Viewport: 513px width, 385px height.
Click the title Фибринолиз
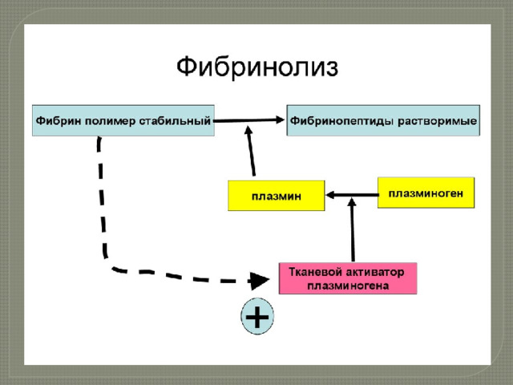[257, 67]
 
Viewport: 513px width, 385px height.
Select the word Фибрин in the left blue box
[59, 121]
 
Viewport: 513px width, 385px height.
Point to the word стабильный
[175, 121]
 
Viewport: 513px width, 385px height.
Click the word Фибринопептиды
[342, 121]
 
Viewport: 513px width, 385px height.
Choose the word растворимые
[437, 121]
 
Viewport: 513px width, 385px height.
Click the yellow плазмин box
[277, 196]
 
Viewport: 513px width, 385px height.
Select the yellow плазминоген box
[426, 192]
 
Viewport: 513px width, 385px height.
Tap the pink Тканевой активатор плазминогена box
[348, 278]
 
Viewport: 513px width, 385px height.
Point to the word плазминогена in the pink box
[348, 286]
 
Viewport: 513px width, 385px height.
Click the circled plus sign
[257, 316]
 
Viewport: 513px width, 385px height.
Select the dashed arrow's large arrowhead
[259, 281]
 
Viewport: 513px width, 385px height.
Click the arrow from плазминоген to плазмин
[352, 195]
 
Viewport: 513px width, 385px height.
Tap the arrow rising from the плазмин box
[251, 151]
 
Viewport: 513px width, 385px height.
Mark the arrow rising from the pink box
[353, 230]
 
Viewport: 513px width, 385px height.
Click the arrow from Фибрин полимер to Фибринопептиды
[249, 120]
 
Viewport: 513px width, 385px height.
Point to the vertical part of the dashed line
[102, 197]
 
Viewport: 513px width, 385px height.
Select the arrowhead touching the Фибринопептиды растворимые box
[280, 120]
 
